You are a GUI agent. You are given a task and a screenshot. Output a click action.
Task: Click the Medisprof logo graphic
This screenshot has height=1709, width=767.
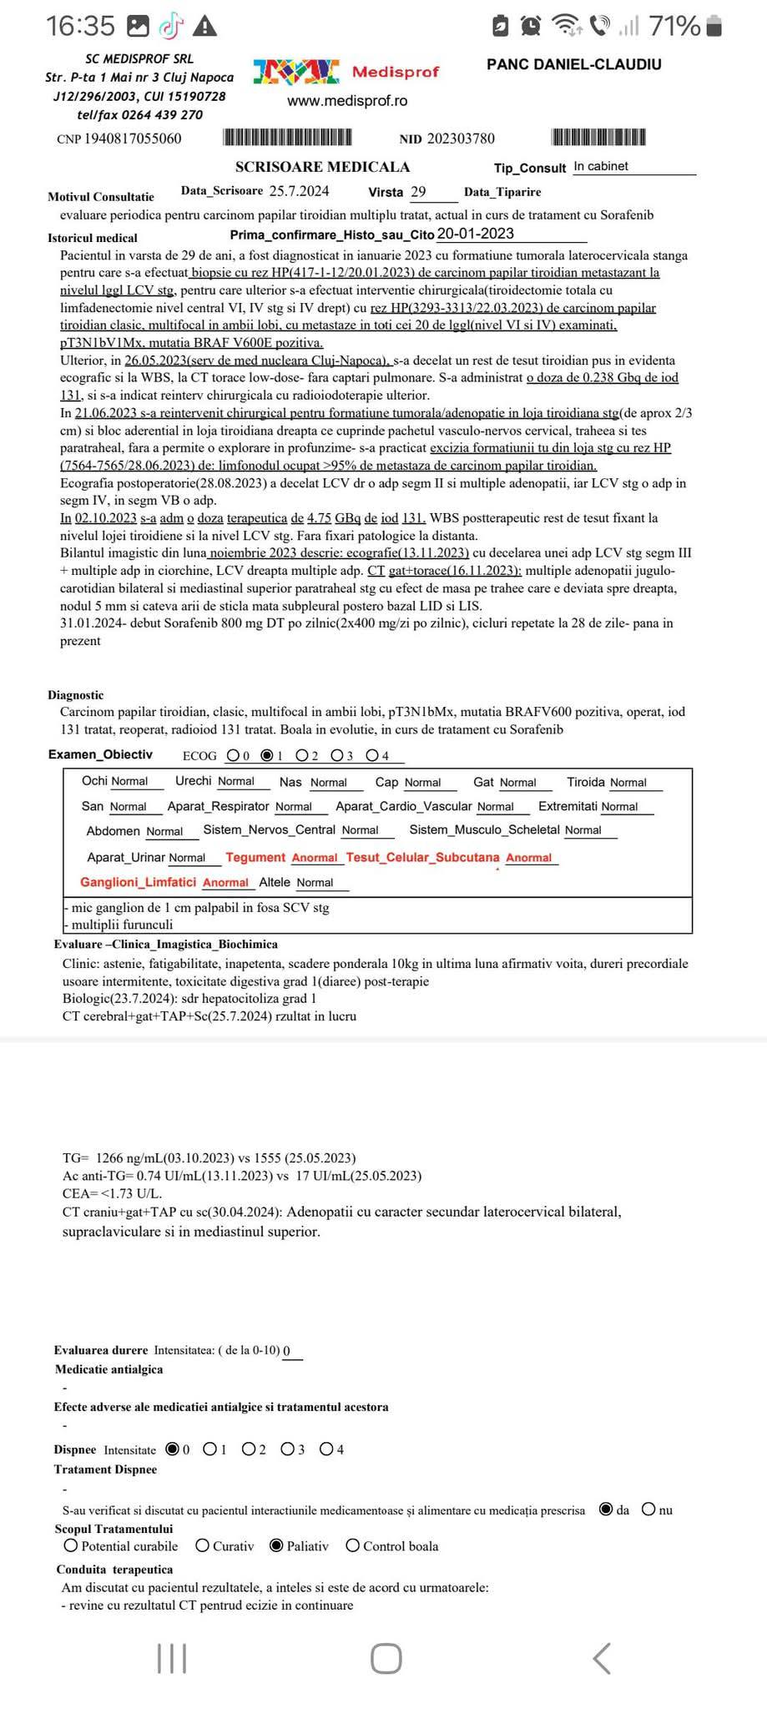coord(296,73)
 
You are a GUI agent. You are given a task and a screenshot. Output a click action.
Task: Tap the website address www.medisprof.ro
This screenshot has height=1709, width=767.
coord(347,101)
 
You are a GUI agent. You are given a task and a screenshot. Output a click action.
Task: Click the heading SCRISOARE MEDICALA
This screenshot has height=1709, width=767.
coord(322,167)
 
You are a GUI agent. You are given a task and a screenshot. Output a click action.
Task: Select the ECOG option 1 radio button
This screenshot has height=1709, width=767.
coord(267,755)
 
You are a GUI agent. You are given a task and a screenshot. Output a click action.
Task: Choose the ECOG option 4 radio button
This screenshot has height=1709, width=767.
coord(371,755)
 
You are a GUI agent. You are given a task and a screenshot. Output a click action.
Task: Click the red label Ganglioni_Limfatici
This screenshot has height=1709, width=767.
coord(138,882)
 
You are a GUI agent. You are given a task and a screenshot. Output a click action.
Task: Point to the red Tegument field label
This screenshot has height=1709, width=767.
coord(255,857)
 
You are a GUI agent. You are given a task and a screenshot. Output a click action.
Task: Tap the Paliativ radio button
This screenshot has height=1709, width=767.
coord(277,1545)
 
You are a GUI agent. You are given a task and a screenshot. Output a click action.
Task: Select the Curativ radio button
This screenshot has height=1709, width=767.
coord(203,1545)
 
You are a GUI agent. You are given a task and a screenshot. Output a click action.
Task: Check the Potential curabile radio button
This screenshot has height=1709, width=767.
coord(71,1545)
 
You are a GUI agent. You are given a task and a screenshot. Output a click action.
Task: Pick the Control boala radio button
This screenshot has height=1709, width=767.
coord(353,1545)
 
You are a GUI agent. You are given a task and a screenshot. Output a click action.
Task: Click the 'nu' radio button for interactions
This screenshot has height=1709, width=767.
coord(648,1510)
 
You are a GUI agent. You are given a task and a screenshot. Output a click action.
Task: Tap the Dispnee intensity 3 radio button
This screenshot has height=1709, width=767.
coord(287,1449)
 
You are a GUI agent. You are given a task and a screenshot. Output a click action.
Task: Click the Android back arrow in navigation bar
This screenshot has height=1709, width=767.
coord(601,1659)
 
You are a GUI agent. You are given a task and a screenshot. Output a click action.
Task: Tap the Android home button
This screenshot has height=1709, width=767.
coord(386,1659)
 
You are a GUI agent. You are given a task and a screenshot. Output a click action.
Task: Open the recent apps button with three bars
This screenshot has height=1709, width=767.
coord(172,1659)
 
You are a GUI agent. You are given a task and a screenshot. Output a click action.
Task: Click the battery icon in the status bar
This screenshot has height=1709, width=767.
coord(714,28)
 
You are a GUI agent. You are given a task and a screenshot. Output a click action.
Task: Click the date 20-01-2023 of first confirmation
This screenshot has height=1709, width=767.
coord(476,234)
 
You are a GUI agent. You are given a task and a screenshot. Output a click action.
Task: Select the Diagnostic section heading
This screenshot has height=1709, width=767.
coord(76,695)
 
